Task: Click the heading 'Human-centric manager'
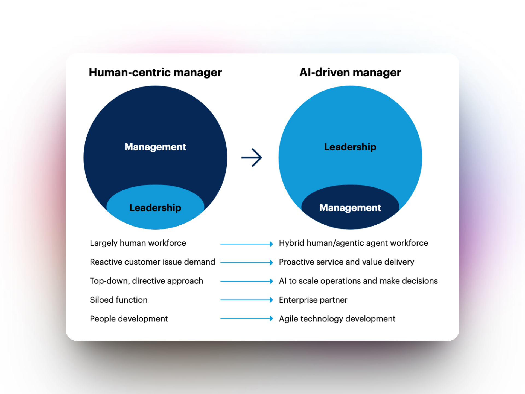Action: (155, 73)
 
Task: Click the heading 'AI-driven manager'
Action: (350, 73)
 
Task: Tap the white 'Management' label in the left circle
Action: (155, 147)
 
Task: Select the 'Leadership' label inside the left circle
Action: (155, 208)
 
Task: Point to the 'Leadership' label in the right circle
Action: (350, 147)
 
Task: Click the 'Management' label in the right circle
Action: (350, 208)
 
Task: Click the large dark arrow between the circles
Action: (252, 158)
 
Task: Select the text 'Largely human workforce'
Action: (138, 243)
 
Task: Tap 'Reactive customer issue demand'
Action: (152, 262)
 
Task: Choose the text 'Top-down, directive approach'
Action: (146, 281)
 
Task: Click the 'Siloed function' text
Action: (118, 300)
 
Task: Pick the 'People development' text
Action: (129, 319)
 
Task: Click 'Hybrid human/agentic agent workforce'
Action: (353, 243)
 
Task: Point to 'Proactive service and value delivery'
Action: (346, 262)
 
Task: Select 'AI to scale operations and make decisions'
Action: (358, 281)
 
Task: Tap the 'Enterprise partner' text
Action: (313, 300)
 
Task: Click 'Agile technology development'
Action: (337, 319)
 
